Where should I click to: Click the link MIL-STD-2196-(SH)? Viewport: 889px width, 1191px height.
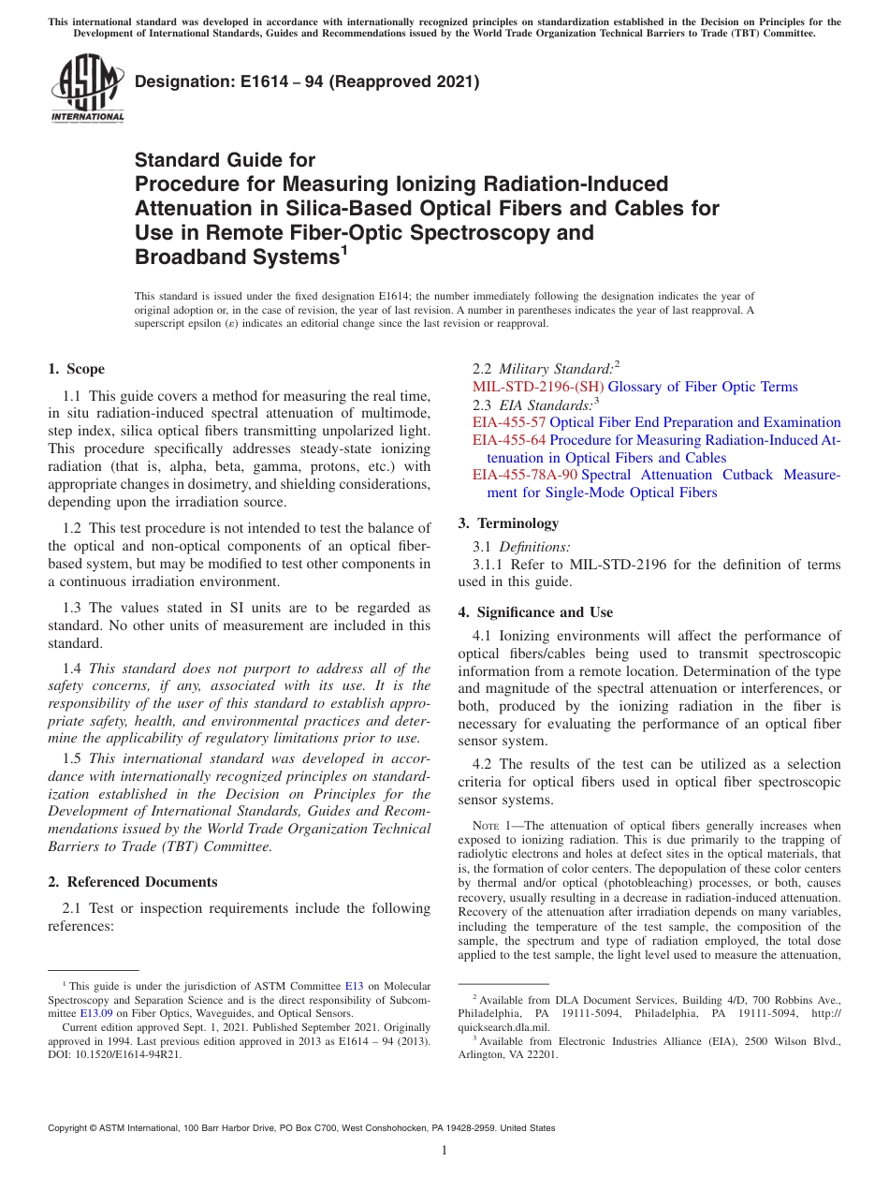[538, 387]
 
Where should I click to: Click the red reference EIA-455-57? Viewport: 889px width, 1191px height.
[509, 422]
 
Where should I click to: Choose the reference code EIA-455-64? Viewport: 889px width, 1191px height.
[509, 440]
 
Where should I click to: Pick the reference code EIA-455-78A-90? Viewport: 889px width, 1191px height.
[525, 475]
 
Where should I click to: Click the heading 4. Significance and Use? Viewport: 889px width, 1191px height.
[535, 612]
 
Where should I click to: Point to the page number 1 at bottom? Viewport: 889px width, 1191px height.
[444, 1151]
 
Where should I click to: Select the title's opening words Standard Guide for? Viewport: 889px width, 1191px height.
[225, 160]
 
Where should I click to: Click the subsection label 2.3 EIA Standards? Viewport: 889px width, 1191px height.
[535, 404]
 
